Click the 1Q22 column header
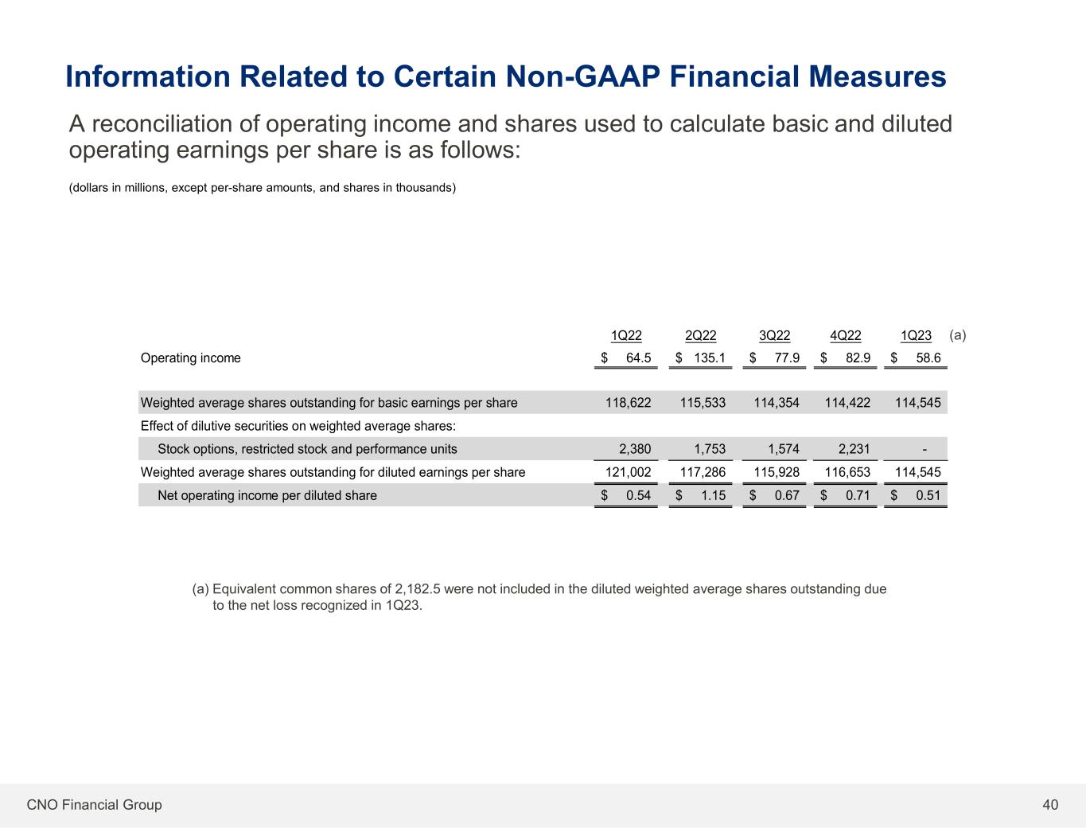[x=626, y=335]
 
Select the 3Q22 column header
[x=774, y=335]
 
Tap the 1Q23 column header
[x=916, y=335]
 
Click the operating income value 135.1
[x=710, y=358]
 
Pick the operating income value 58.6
[x=928, y=358]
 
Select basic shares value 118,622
[x=628, y=403]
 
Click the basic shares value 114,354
[x=777, y=403]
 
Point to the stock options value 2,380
[x=635, y=449]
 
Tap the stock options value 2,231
[x=854, y=449]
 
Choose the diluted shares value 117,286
[x=703, y=472]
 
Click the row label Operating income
[x=190, y=358]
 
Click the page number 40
[x=1050, y=805]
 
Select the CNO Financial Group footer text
[x=94, y=805]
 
